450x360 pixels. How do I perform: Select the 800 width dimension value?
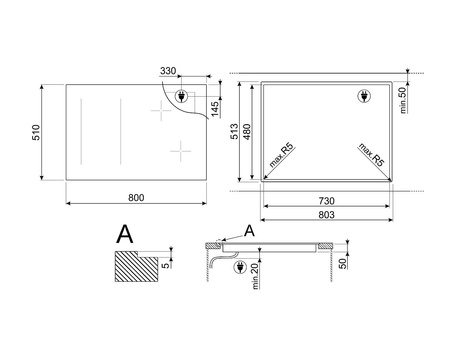click(137, 196)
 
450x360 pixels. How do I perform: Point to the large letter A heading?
click(124, 234)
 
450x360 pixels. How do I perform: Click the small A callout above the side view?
click(250, 231)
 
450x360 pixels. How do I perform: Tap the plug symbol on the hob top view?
click(180, 97)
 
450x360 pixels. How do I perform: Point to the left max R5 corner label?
click(280, 161)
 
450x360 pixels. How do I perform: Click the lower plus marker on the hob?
click(180, 149)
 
